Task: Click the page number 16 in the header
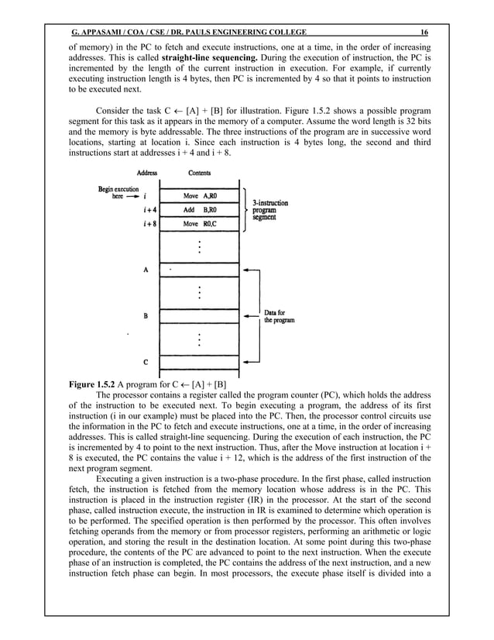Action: tap(424, 32)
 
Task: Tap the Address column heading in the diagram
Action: tap(147, 173)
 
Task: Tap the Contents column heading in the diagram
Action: tap(200, 173)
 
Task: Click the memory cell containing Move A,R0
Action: tap(200, 196)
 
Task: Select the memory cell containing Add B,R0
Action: tap(200, 210)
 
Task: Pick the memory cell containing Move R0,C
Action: tap(200, 224)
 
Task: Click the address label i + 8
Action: tap(145, 224)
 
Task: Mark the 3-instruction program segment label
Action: tap(271, 210)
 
